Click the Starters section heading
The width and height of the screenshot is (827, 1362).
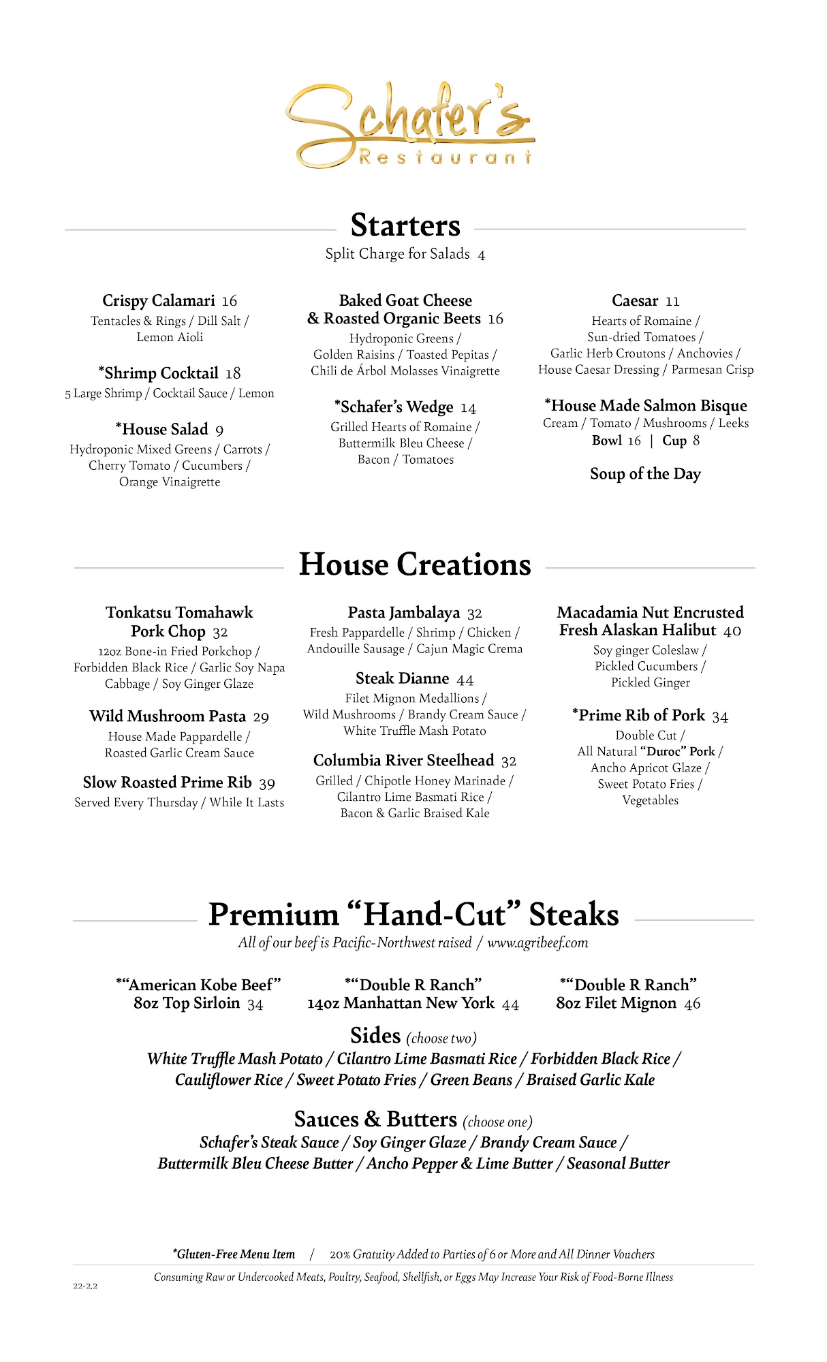coord(405,225)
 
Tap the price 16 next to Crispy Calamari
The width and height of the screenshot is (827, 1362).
coord(230,301)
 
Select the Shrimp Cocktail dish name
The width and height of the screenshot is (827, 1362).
coord(161,373)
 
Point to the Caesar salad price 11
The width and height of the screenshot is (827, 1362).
coord(672,302)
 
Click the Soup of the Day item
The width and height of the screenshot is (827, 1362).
coord(645,474)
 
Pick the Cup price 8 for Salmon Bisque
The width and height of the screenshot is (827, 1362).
coord(696,441)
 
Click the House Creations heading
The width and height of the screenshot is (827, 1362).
coord(415,565)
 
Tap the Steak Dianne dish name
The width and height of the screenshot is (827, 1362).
coord(402,678)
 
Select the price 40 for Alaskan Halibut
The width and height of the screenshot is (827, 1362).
coord(732,631)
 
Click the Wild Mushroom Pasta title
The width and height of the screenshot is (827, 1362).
coord(168,716)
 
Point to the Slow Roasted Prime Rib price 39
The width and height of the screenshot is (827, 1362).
coord(267,784)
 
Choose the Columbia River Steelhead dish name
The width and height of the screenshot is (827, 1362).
coord(403,761)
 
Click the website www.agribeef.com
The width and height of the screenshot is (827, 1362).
coord(537,943)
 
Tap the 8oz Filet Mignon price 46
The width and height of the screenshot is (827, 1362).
coord(692,1004)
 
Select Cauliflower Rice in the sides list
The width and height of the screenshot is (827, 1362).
coord(229,1080)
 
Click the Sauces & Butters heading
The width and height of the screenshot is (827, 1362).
coord(375,1120)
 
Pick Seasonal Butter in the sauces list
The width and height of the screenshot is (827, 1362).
coord(618,1164)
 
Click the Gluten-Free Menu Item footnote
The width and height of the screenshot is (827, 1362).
coord(234,1254)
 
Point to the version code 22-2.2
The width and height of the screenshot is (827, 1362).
coord(85,1286)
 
